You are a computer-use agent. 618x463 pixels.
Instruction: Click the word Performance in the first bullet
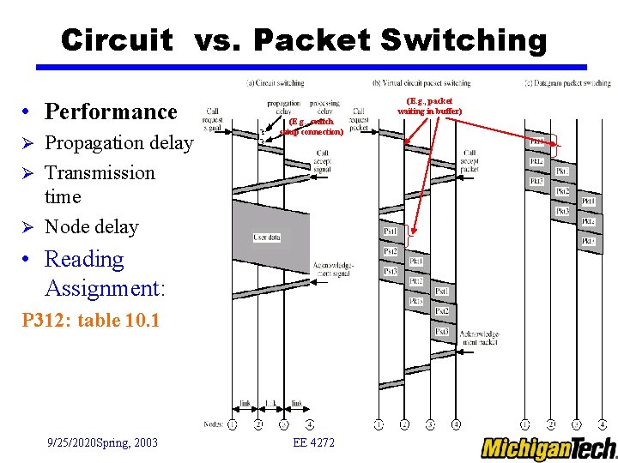(x=111, y=111)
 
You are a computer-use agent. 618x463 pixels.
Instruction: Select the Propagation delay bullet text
(x=118, y=143)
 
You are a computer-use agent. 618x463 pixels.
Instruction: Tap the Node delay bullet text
(x=91, y=227)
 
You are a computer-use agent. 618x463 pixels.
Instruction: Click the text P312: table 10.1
(x=79, y=322)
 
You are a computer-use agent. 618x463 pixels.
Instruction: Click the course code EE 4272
(x=314, y=442)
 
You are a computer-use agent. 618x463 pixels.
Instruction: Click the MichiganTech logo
(x=548, y=448)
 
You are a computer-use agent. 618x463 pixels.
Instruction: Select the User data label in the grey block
(x=267, y=237)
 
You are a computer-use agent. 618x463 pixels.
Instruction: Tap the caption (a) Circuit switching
(x=275, y=83)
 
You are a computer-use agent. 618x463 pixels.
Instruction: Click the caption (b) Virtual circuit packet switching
(x=421, y=83)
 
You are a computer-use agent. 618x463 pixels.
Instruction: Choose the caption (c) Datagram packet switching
(x=567, y=83)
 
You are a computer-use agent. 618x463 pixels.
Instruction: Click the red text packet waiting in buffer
(x=429, y=106)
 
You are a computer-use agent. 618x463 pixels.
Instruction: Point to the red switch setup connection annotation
(x=312, y=127)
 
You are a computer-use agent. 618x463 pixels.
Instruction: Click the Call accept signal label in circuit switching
(x=322, y=161)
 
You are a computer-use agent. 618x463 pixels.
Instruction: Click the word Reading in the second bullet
(x=84, y=260)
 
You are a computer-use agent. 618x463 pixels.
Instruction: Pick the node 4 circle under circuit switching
(x=309, y=424)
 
